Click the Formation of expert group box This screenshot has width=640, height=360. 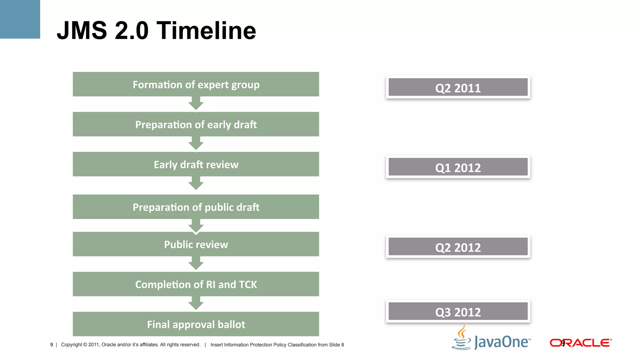pos(196,84)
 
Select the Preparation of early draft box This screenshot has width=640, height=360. pos(196,124)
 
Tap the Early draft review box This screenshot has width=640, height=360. pos(196,164)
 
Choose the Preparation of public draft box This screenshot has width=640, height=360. pos(196,207)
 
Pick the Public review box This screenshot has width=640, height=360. pos(196,244)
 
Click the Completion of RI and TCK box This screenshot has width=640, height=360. pos(196,284)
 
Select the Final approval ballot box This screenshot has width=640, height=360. pos(196,324)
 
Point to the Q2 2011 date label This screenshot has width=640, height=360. pos(458,87)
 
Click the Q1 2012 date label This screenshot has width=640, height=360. pos(458,167)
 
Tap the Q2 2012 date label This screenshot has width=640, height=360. pos(458,247)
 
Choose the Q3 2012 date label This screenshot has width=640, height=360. pos(458,312)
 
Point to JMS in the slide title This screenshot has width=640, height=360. pos(82,31)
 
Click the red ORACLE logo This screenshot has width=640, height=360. pos(580,343)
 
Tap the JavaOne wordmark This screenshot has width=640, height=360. pos(502,342)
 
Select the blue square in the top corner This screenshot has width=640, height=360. pos(20,19)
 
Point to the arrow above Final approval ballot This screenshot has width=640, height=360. pos(196,303)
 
